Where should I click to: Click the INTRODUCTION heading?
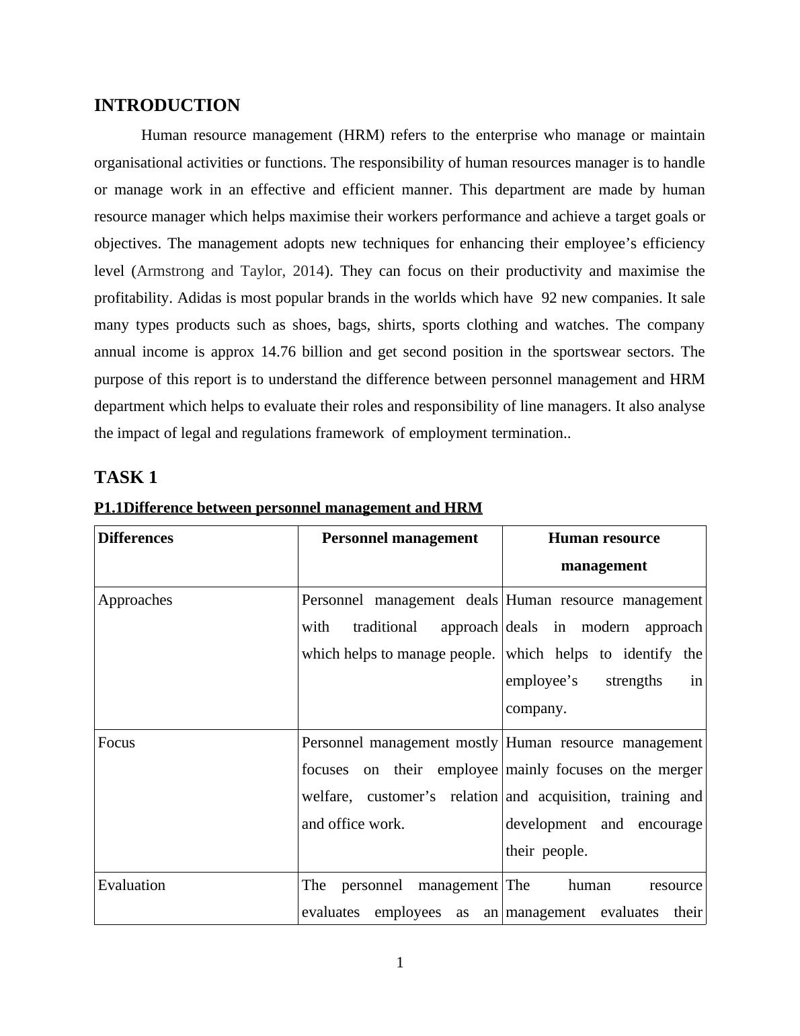coord(167,106)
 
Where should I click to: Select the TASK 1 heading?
coord(126,478)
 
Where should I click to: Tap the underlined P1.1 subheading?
coord(288,508)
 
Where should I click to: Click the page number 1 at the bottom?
coord(400,963)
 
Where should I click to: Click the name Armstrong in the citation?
coord(170,271)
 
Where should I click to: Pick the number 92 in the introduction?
coord(549,298)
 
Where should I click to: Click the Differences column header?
coord(136,538)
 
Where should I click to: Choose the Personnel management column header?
coord(400,538)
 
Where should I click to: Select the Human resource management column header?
coord(604,552)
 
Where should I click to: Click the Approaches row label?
coord(135,600)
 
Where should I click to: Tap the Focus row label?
coord(116,743)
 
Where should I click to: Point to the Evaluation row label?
coord(132,885)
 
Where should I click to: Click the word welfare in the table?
coord(326,797)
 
